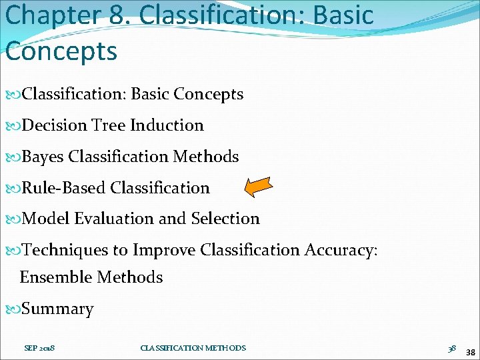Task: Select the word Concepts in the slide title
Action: click(61, 51)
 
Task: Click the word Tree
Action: click(109, 125)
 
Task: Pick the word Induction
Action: click(167, 125)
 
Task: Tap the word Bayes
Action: click(43, 157)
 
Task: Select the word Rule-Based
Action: click(64, 188)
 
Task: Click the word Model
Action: click(46, 219)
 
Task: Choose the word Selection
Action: click(225, 219)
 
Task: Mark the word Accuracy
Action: click(341, 251)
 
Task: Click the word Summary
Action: click(58, 309)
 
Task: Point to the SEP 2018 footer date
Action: click(39, 348)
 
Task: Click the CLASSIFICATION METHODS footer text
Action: click(193, 348)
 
